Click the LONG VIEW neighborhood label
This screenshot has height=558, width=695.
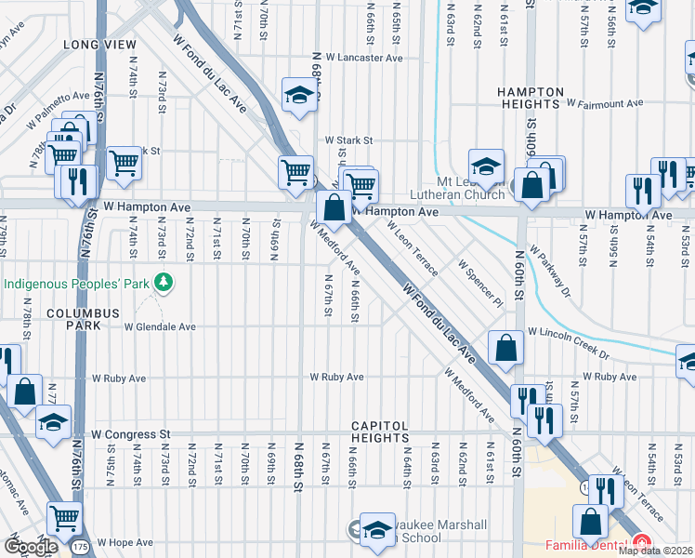[93, 45]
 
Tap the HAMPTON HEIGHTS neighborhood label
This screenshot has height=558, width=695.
[531, 99]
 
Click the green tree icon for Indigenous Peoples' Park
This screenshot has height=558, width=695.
[164, 281]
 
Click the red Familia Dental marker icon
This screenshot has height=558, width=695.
[641, 542]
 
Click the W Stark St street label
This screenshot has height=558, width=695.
[348, 140]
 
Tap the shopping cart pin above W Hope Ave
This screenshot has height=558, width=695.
[64, 517]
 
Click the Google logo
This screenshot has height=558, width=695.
[31, 547]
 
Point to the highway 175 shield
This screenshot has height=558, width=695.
[82, 548]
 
